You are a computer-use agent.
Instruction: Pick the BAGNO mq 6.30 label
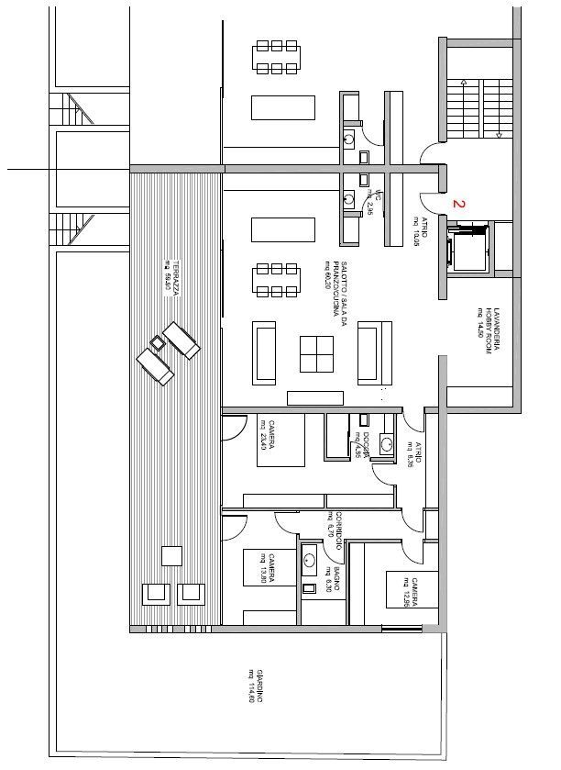pos(333,584)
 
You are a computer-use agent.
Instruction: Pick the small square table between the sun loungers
pos(158,343)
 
